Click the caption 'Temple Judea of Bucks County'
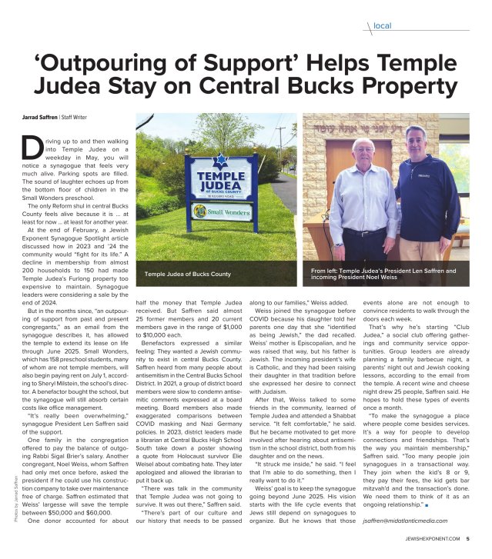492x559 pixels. pos(187,274)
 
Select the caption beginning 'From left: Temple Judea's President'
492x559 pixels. pos(383,274)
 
